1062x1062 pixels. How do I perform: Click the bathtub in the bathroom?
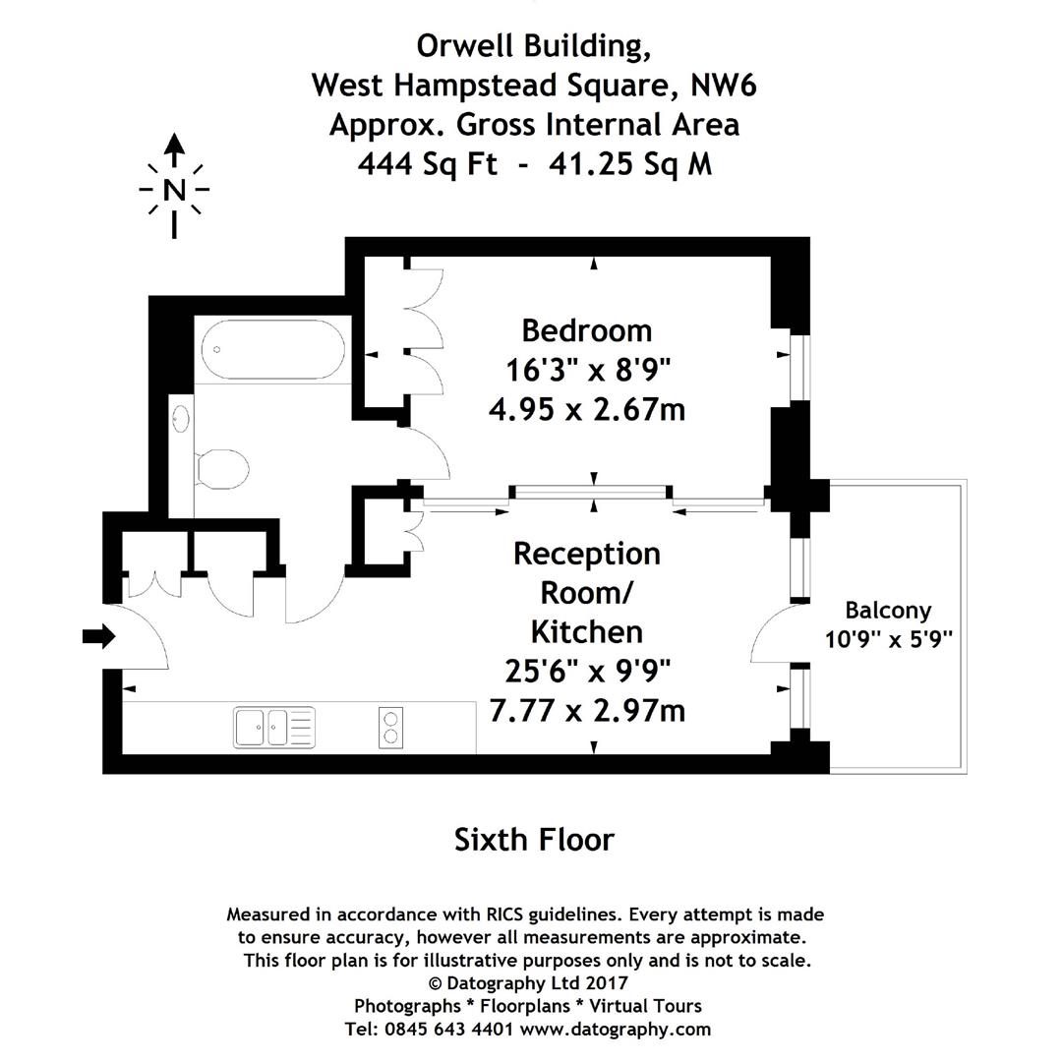[272, 350]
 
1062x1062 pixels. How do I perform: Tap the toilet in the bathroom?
[221, 467]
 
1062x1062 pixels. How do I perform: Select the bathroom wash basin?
[181, 419]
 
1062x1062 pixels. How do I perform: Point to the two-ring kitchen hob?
[390, 728]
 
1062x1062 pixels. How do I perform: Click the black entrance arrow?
[97, 636]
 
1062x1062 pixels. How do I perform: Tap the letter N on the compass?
[174, 190]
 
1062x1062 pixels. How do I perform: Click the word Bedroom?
[586, 329]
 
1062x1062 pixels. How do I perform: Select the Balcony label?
[888, 610]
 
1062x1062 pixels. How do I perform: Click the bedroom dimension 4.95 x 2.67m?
[586, 408]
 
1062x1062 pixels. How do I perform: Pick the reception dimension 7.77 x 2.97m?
[586, 709]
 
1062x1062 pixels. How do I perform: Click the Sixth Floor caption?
[534, 840]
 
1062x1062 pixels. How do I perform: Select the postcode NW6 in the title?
[723, 86]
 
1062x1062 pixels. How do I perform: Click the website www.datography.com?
[615, 1030]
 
